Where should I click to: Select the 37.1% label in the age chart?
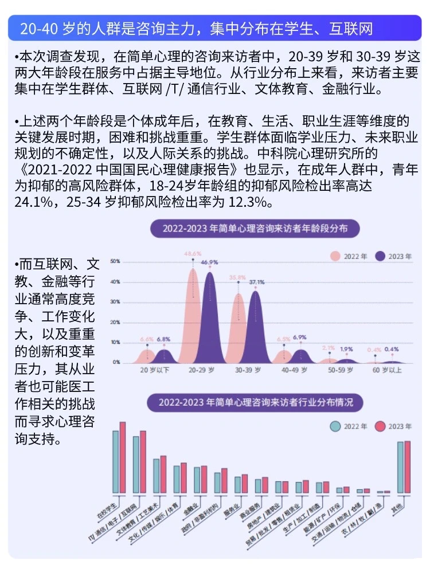[x=256, y=282]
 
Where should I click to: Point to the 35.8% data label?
[x=238, y=277]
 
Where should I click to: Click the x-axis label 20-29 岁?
[x=201, y=371]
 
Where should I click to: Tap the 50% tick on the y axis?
[x=115, y=261]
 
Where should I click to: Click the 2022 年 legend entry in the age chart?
[x=347, y=256]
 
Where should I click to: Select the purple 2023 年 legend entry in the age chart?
[x=393, y=256]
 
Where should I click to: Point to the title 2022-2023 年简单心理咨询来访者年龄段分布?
[x=255, y=229]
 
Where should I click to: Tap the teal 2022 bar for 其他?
[x=400, y=468]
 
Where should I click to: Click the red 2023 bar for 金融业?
[x=204, y=480]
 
